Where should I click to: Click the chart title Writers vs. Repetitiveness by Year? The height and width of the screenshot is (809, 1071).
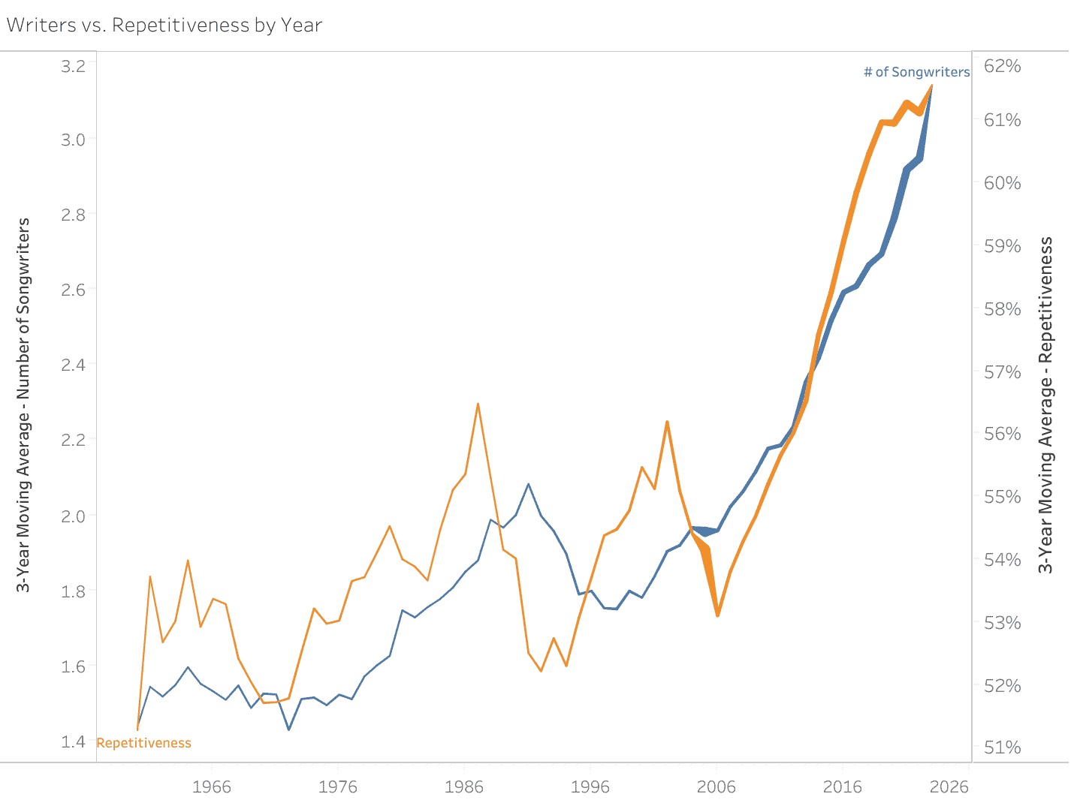pyautogui.click(x=164, y=25)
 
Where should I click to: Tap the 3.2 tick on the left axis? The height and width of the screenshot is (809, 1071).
pyautogui.click(x=74, y=66)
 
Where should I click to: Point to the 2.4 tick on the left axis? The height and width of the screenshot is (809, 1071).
pyautogui.click(x=74, y=365)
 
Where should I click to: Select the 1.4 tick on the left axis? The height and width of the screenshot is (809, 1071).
pyautogui.click(x=74, y=741)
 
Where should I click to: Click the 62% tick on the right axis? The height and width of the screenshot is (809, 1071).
pyautogui.click(x=1003, y=66)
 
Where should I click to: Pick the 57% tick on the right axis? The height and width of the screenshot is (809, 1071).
pyautogui.click(x=1003, y=372)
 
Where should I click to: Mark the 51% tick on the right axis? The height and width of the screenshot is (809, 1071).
pyautogui.click(x=1003, y=747)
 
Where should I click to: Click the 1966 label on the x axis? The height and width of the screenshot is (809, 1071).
pyautogui.click(x=212, y=786)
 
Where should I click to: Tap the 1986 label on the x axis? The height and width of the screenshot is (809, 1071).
pyautogui.click(x=464, y=786)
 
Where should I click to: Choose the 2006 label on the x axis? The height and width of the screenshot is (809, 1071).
pyautogui.click(x=717, y=786)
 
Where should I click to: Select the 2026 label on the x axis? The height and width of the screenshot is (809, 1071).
pyautogui.click(x=949, y=786)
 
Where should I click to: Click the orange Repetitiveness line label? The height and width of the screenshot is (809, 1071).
pyautogui.click(x=144, y=743)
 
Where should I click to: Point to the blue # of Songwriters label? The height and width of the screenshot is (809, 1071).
pyautogui.click(x=916, y=72)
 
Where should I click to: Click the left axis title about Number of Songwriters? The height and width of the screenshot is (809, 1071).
pyautogui.click(x=24, y=405)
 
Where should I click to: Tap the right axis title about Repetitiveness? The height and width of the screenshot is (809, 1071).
pyautogui.click(x=1046, y=405)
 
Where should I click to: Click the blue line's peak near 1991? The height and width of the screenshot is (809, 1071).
pyautogui.click(x=529, y=484)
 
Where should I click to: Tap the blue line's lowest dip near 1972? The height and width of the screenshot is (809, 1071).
pyautogui.click(x=288, y=729)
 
